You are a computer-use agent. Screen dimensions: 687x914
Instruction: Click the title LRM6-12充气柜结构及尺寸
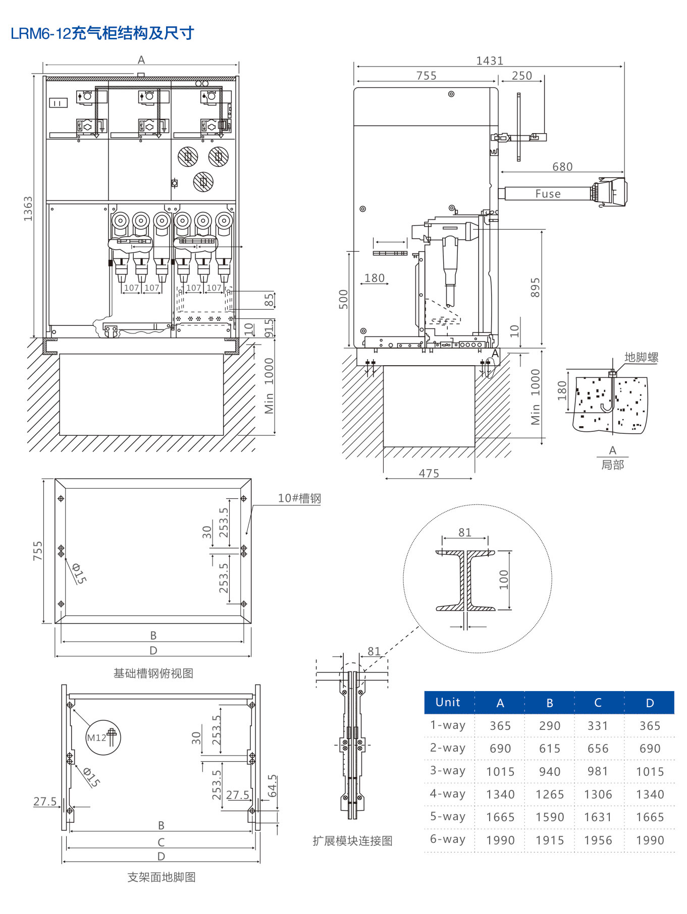[x=102, y=33]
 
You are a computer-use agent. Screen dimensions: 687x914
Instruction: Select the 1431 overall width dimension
[x=490, y=61]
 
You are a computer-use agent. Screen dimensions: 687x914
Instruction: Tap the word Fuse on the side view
[x=548, y=194]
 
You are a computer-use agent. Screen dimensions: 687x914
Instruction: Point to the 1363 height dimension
[x=28, y=208]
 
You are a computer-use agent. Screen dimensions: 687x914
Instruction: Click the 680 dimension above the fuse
[x=562, y=166]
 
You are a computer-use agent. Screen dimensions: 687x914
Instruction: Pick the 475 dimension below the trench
[x=429, y=473]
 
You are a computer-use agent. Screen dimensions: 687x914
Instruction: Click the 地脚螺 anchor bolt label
[x=641, y=357]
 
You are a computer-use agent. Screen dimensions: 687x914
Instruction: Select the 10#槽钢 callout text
[x=299, y=498]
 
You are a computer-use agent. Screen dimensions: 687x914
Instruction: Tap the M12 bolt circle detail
[x=103, y=737]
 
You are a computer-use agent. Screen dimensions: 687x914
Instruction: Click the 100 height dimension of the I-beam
[x=504, y=580]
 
